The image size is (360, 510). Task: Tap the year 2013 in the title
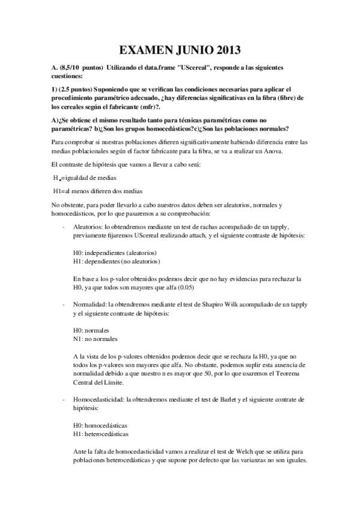click(x=231, y=50)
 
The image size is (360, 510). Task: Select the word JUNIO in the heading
click(x=192, y=50)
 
